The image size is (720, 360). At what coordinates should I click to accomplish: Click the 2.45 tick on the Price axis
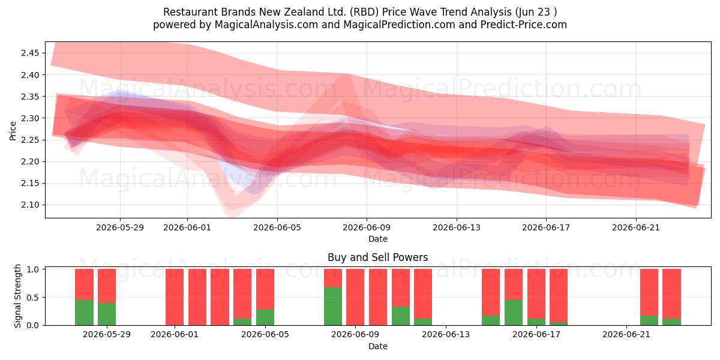30,53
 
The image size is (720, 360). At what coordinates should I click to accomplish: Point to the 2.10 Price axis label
30,205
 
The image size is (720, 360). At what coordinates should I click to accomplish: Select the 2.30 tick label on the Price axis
30,118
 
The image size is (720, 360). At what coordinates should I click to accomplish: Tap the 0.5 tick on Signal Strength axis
32,298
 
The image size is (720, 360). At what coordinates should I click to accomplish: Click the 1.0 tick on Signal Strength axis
32,269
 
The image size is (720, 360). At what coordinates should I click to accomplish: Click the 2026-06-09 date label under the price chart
367,227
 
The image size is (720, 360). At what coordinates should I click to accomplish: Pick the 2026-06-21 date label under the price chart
636,227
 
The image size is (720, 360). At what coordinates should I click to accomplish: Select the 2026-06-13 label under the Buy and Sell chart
446,334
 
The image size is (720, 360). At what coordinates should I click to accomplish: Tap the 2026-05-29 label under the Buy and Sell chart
107,334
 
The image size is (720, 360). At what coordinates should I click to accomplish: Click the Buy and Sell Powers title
377,257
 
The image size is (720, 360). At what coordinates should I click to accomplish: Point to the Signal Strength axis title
17,296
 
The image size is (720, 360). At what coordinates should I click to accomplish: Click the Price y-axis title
13,131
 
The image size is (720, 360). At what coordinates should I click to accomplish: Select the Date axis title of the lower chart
377,346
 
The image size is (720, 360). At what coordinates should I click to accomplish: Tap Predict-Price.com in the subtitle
524,25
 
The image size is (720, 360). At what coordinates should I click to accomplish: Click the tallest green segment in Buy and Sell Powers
333,307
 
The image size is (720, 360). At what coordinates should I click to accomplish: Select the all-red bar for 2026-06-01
175,297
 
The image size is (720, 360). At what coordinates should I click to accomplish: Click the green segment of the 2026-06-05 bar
265,317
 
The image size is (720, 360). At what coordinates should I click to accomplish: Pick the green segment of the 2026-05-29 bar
107,314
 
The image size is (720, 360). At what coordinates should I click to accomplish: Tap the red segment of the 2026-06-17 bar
536,294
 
